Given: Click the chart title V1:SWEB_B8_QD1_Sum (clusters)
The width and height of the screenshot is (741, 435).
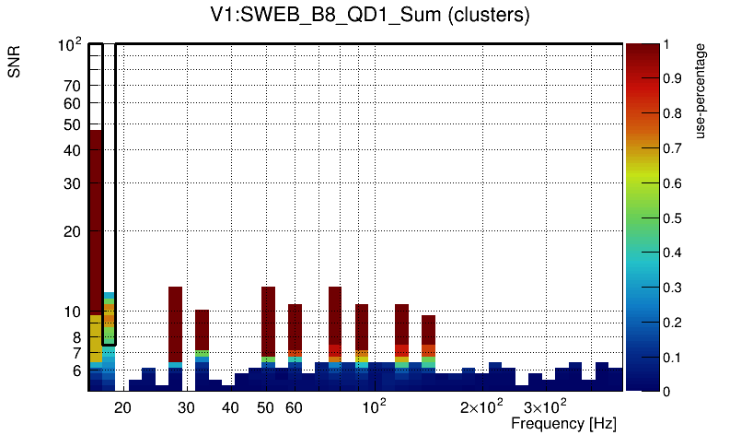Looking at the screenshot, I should pos(369,16).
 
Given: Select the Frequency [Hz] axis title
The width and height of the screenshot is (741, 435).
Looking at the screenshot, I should pos(563,423).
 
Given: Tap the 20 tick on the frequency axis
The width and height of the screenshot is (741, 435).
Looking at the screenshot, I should pos(122,407).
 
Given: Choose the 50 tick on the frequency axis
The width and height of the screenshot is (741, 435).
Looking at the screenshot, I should pos(266,407).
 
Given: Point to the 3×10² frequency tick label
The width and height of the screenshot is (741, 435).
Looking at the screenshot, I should pos(545,406).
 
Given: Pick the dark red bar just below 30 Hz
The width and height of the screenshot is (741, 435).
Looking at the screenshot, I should pos(175,323).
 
